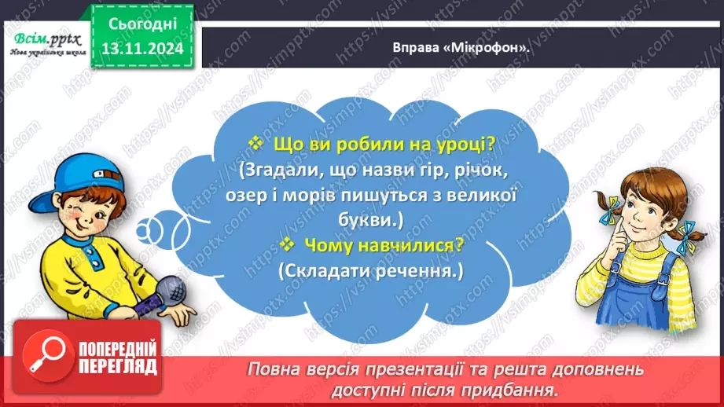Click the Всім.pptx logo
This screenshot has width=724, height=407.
pos(43,39)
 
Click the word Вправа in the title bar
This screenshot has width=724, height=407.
pos(413,47)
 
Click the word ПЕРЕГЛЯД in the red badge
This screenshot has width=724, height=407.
pos(117,365)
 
